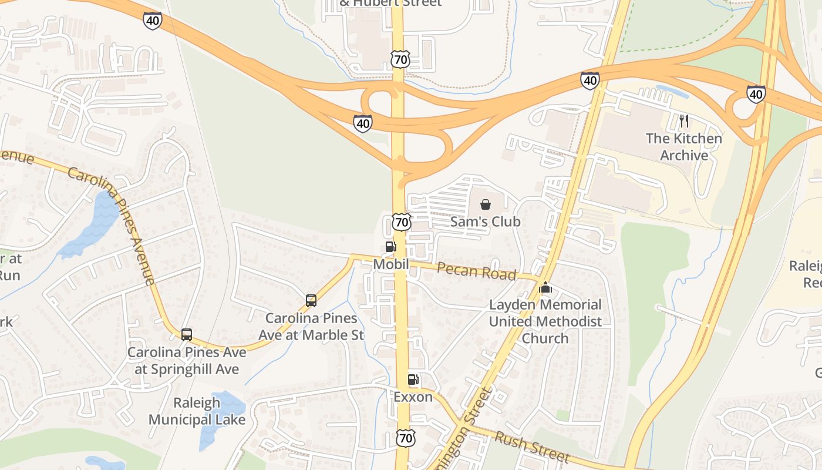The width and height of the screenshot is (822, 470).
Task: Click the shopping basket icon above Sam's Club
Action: click(x=486, y=204)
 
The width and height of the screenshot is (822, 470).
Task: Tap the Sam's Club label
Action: click(x=486, y=221)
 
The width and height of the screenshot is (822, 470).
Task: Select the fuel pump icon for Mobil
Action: click(x=390, y=247)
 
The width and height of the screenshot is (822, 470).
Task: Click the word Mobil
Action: click(x=391, y=264)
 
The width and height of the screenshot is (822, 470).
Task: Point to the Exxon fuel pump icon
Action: click(x=413, y=380)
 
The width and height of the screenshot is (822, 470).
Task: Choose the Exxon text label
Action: click(x=413, y=397)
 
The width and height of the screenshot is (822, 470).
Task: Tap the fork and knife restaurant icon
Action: click(x=683, y=122)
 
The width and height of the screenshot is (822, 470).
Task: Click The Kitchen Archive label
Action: click(x=683, y=147)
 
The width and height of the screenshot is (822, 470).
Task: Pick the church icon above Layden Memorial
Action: click(x=545, y=287)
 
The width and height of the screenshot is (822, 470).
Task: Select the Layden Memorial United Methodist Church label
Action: click(x=545, y=321)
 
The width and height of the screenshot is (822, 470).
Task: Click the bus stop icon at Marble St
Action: click(x=311, y=301)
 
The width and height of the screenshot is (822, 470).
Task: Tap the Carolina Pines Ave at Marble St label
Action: click(x=311, y=327)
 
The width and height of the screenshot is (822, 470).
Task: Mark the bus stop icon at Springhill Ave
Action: click(x=187, y=335)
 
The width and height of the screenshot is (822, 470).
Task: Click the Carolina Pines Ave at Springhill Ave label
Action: click(x=187, y=361)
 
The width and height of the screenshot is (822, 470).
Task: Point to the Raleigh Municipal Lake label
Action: click(x=197, y=411)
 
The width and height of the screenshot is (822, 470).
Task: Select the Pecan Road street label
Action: click(x=477, y=271)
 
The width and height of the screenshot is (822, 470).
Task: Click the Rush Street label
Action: click(x=532, y=446)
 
